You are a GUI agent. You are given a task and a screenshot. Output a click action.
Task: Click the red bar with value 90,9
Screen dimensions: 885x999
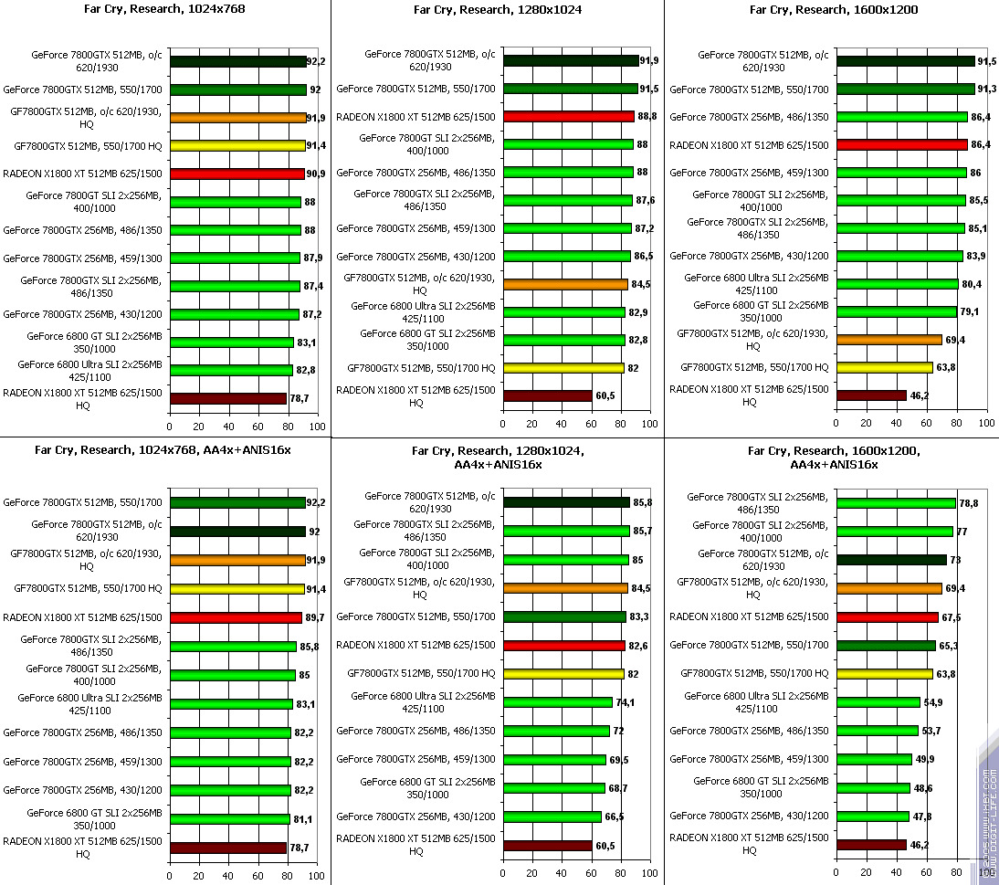pyautogui.click(x=237, y=174)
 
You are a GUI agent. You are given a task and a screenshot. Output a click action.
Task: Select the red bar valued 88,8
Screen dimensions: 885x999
pyautogui.click(x=568, y=117)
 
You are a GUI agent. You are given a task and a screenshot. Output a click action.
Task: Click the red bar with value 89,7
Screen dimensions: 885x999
pyautogui.click(x=236, y=617)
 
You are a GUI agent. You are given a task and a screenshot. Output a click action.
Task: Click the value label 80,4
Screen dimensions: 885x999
pyautogui.click(x=972, y=284)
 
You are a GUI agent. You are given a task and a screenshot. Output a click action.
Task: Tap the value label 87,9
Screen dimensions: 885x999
pyautogui.click(x=313, y=258)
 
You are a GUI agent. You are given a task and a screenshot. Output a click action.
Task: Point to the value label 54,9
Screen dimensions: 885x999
pyautogui.click(x=933, y=702)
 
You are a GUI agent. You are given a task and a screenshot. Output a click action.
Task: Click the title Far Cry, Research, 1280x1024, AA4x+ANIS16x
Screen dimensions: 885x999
pyautogui.click(x=498, y=458)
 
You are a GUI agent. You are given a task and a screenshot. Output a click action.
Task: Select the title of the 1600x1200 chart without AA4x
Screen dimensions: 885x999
pyautogui.click(x=833, y=10)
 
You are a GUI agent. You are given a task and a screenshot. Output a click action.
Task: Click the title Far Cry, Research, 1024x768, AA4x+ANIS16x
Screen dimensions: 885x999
pyautogui.click(x=163, y=449)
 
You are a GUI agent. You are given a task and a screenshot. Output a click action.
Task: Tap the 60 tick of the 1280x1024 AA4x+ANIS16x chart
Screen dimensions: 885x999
pyautogui.click(x=591, y=875)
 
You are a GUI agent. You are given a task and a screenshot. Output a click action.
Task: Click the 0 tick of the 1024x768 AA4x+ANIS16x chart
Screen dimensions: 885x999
pyautogui.click(x=169, y=875)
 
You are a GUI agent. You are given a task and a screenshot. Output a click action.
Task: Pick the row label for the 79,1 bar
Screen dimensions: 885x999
pyautogui.click(x=760, y=311)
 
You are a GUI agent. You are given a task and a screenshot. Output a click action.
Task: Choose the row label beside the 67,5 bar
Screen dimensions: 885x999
pyautogui.click(x=749, y=617)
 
